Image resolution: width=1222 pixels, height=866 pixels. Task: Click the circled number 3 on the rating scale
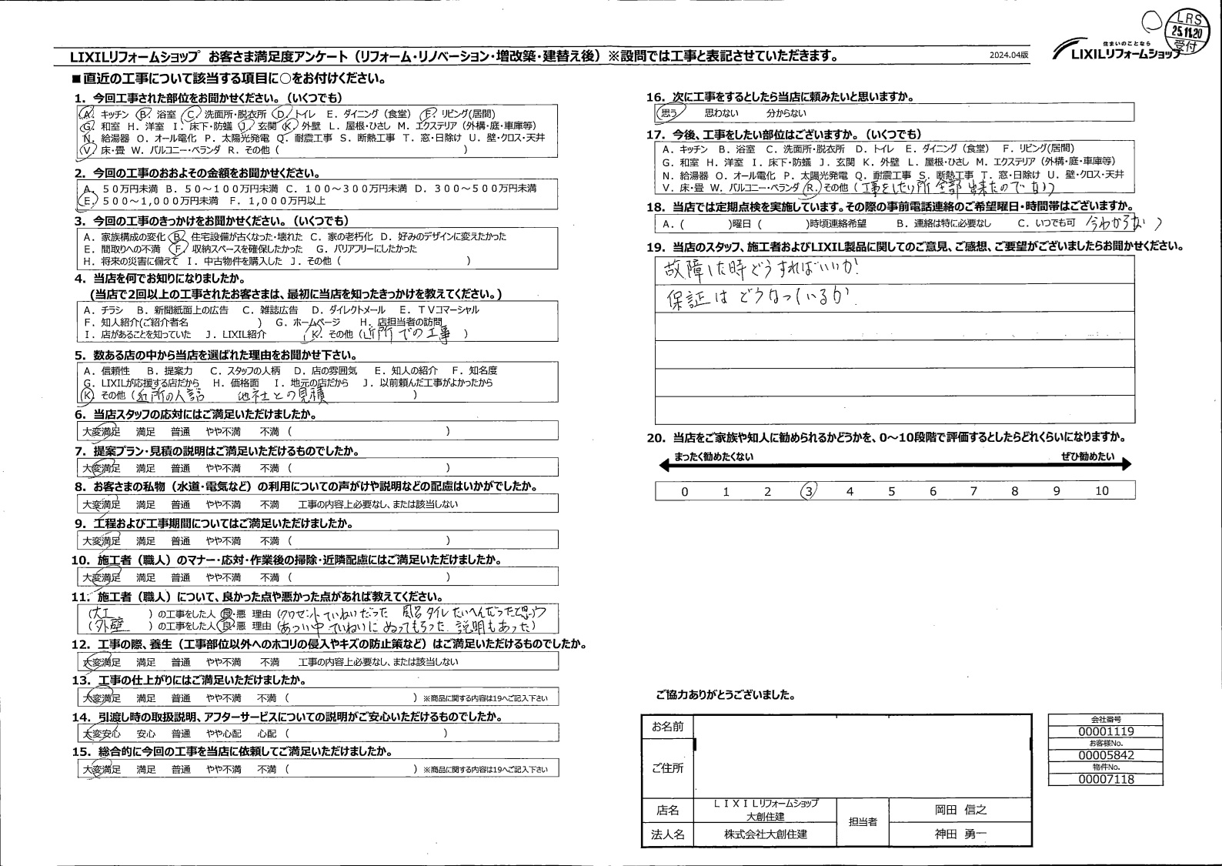coord(808,490)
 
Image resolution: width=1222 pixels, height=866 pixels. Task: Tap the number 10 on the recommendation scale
coord(1102,491)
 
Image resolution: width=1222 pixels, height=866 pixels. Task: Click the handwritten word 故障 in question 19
coord(678,270)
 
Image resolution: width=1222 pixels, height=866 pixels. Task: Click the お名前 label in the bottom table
coord(667,727)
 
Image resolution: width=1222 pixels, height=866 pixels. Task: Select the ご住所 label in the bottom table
coord(667,768)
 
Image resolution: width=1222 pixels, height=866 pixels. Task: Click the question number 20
coord(656,437)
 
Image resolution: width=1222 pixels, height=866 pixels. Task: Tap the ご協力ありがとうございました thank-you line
coord(725,694)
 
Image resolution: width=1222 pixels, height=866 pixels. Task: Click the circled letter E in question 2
coord(85,200)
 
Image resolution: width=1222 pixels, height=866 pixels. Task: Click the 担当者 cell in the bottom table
coord(863,822)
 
